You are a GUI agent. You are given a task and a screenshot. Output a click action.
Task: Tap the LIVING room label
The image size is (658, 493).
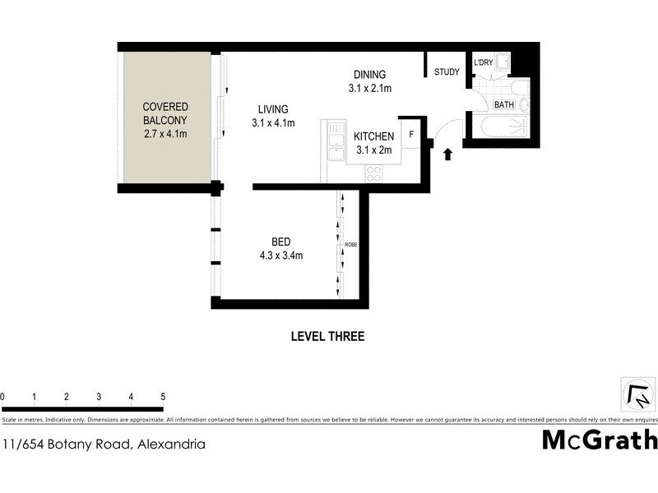point(273,109)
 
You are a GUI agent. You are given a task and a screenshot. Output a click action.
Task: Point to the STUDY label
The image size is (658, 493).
point(447,72)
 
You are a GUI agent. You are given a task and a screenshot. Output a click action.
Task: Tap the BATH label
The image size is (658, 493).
point(503,105)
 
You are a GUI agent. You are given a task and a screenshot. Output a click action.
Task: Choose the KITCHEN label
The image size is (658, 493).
point(374,136)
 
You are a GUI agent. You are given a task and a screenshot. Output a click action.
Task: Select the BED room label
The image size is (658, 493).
point(280,242)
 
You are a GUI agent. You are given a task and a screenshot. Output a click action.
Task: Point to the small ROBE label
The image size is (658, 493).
point(351,245)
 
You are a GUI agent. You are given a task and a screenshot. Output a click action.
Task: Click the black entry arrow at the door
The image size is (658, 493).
point(447,154)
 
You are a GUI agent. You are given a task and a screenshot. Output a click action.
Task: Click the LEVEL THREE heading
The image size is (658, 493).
point(327,336)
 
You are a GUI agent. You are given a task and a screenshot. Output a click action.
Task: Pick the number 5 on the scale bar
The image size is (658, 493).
point(163,397)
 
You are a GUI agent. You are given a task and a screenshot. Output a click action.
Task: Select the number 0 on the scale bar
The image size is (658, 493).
point(2,397)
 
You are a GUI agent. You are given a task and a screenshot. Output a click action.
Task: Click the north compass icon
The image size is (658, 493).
point(637,396)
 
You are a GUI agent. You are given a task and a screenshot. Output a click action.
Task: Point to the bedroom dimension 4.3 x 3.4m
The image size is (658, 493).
point(280,255)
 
